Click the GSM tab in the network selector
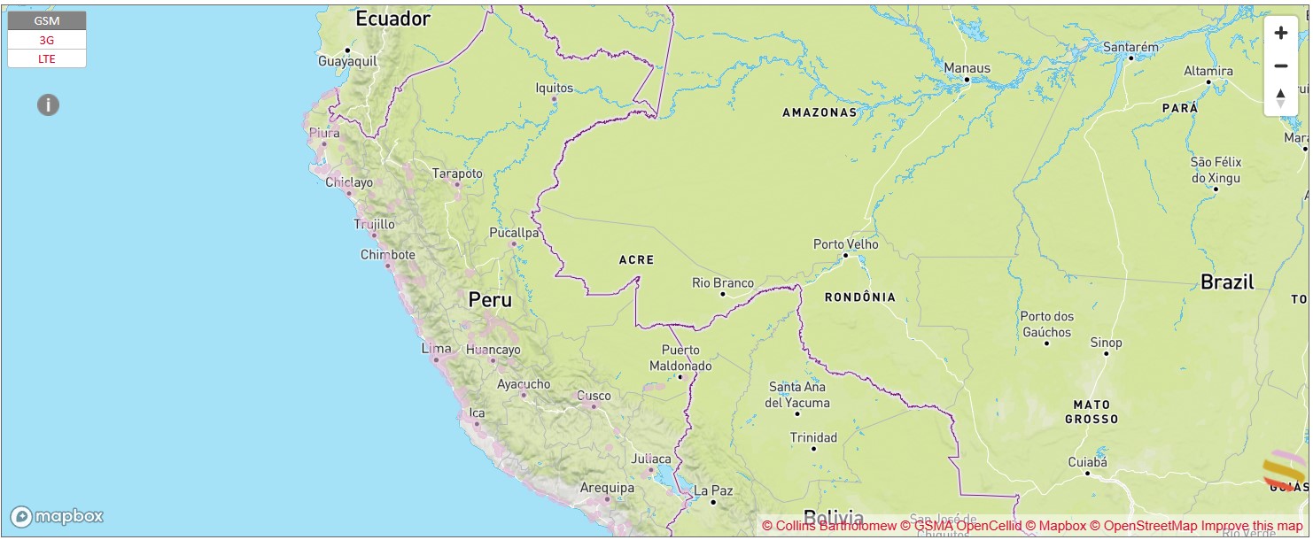pyautogui.click(x=47, y=20)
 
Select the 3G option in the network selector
pyautogui.click(x=47, y=40)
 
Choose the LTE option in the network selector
pyautogui.click(x=47, y=58)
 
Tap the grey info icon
pyautogui.click(x=48, y=105)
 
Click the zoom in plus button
pyautogui.click(x=1280, y=33)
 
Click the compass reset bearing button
pyautogui.click(x=1280, y=98)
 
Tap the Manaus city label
pyautogui.click(x=967, y=67)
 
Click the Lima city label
pyautogui.click(x=436, y=349)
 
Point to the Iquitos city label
pyautogui.click(x=555, y=88)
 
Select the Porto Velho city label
pyautogui.click(x=846, y=243)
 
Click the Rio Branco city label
pyautogui.click(x=723, y=283)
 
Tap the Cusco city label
pyautogui.click(x=594, y=396)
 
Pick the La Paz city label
pyautogui.click(x=713, y=490)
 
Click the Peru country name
pyautogui.click(x=490, y=300)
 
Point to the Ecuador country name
pyautogui.click(x=392, y=19)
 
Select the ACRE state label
pyautogui.click(x=636, y=259)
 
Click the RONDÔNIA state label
pyautogui.click(x=859, y=297)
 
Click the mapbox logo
pyautogui.click(x=58, y=516)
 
